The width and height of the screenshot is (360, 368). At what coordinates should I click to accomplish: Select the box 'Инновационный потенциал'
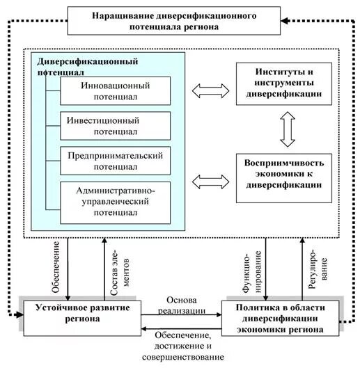click(115, 91)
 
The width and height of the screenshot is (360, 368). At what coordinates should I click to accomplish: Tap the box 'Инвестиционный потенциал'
click(115, 126)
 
